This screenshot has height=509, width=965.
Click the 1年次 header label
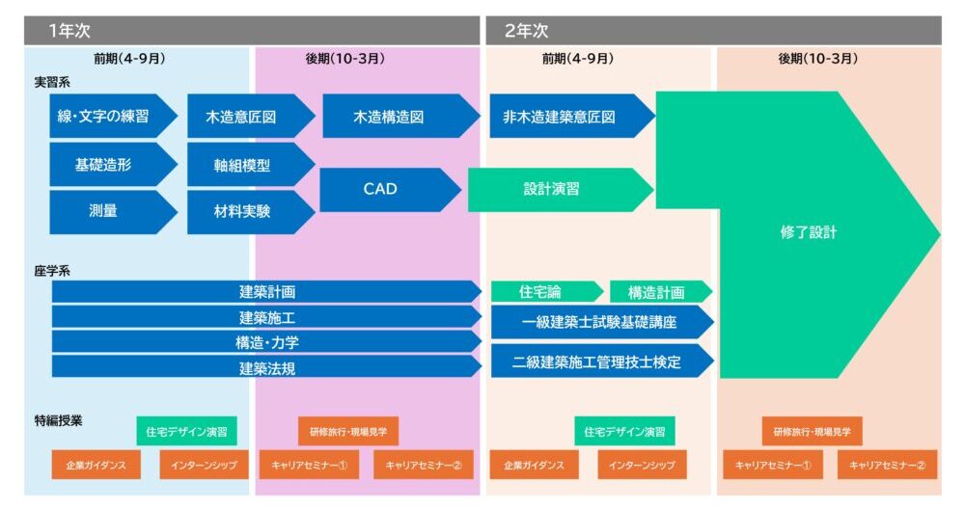[x=69, y=31]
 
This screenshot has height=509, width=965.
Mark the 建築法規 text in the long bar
[x=267, y=366]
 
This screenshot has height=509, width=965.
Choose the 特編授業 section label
[x=57, y=420]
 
